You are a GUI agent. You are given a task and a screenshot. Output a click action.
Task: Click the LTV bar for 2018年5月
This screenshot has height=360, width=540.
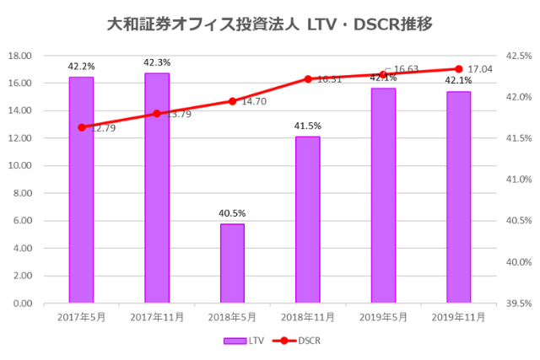(232, 263)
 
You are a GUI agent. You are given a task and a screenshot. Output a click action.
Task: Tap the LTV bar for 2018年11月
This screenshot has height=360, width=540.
(308, 219)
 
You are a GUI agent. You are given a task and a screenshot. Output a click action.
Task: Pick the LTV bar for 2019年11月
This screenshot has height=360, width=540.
(458, 197)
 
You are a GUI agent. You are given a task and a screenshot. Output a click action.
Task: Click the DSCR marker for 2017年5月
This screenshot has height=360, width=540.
(82, 127)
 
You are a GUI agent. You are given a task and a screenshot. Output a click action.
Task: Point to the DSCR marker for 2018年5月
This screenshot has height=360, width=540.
(232, 101)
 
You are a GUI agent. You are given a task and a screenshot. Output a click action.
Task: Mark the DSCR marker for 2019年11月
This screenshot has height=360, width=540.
(458, 69)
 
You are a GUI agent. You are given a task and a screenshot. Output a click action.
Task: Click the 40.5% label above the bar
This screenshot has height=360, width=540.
(232, 214)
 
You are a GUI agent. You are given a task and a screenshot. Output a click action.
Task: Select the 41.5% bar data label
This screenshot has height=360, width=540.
(308, 126)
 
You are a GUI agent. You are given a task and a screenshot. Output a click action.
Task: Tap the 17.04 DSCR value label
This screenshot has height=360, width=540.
(480, 69)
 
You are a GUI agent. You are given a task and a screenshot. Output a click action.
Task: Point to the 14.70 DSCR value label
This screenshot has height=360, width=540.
(254, 101)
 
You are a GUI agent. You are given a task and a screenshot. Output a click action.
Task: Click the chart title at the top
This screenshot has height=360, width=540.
(270, 24)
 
